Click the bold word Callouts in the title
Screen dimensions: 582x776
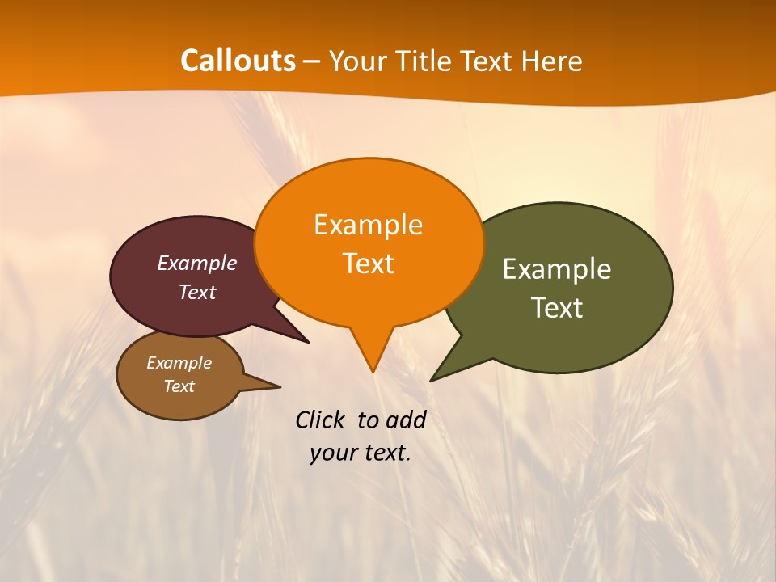pos(238,61)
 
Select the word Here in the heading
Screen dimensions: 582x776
pos(552,61)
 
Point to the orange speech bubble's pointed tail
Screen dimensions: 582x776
pos(372,360)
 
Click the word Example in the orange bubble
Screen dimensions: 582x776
pos(368,224)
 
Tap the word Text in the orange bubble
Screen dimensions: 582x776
pos(368,264)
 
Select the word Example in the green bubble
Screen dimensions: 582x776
pos(557,268)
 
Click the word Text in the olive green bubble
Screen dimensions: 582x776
pos(557,308)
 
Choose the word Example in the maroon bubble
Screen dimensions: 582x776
pos(196,263)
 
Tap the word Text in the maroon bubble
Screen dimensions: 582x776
pos(196,292)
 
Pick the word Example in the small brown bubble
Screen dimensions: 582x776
pos(179,363)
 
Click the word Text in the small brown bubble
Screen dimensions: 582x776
pos(179,386)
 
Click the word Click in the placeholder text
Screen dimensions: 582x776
pos(320,420)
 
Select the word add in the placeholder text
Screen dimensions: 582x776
pos(406,420)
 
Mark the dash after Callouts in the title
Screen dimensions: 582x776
pos(313,61)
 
